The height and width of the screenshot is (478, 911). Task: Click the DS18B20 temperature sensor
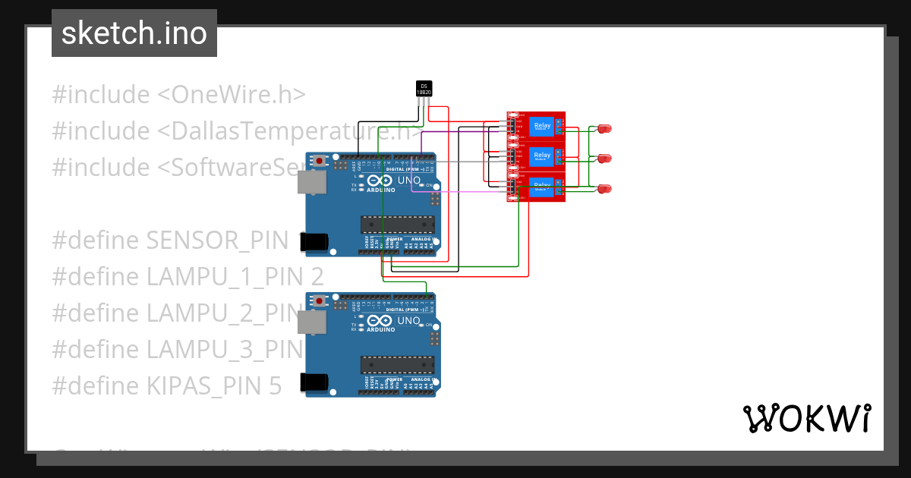tap(424, 89)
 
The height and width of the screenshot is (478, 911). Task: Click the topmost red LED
tap(605, 129)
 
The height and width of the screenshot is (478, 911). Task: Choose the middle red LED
tap(605, 159)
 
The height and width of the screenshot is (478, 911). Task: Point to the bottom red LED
tap(605, 188)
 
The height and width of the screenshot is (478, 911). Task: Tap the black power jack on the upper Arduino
tap(315, 241)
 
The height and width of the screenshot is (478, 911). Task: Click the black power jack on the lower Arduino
tap(315, 382)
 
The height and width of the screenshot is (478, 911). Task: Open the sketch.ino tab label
tap(134, 33)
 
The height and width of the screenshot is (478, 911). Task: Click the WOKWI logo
tap(806, 418)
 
